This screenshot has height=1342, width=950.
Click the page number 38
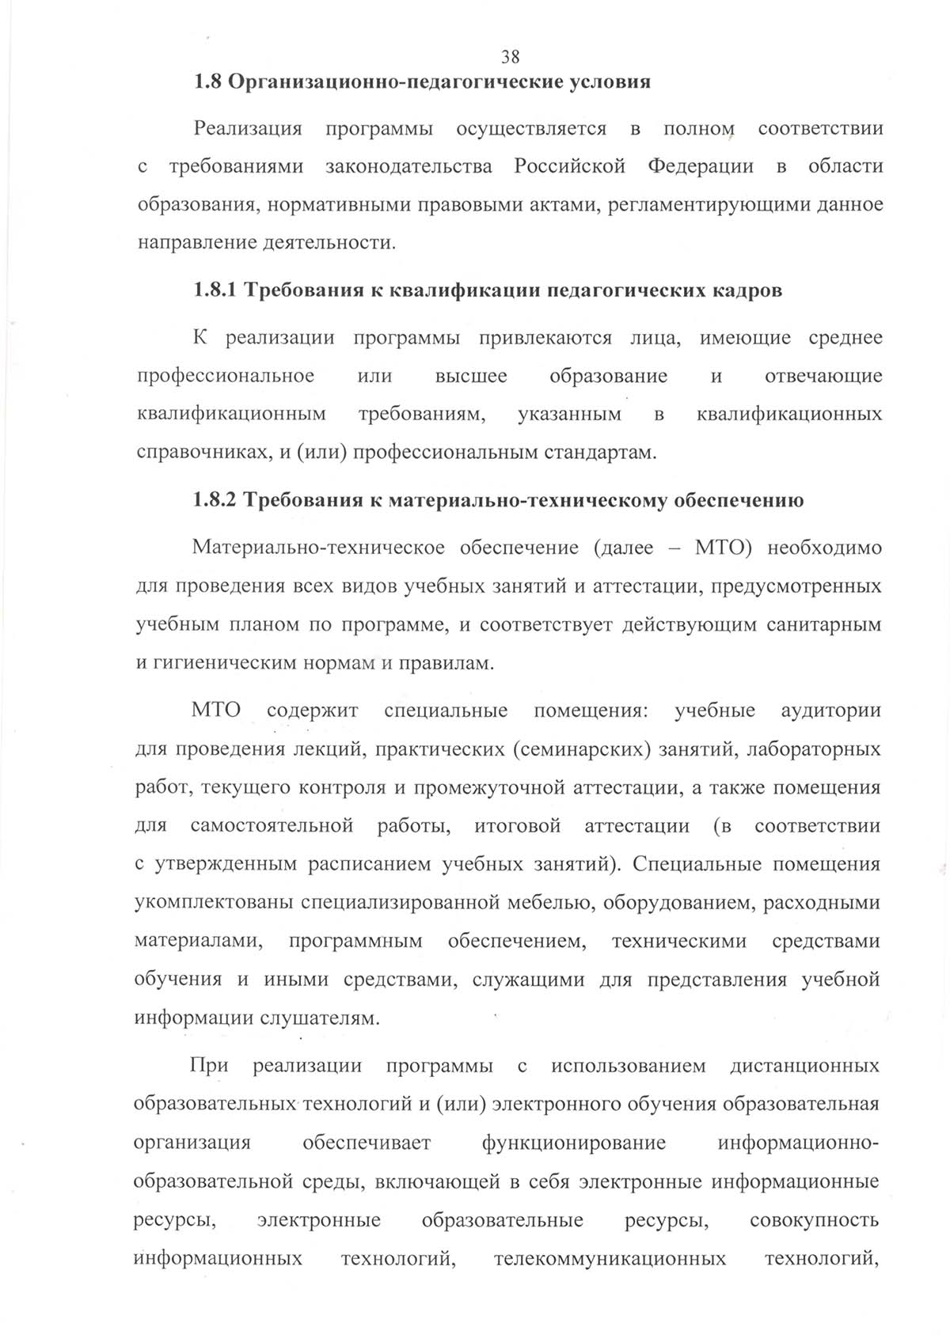(x=511, y=57)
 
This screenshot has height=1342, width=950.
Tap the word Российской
(x=569, y=167)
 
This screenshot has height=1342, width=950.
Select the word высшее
(x=471, y=376)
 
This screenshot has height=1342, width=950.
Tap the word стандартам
(x=600, y=453)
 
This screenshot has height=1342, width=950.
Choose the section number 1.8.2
(x=215, y=501)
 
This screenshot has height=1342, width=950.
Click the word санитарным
(x=823, y=625)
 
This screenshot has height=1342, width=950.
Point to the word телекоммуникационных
(x=610, y=1259)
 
